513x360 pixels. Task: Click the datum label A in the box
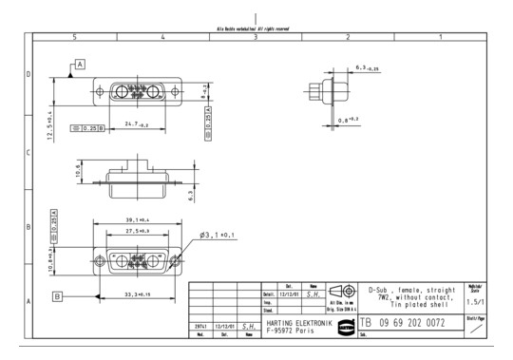[x=80, y=64]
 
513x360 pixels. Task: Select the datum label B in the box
[x=58, y=296]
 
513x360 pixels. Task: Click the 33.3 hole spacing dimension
[x=140, y=295]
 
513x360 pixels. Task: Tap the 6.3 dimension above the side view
[x=365, y=68]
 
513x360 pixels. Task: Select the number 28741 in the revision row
[x=201, y=323]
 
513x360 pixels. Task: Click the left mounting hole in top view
[x=100, y=93]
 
